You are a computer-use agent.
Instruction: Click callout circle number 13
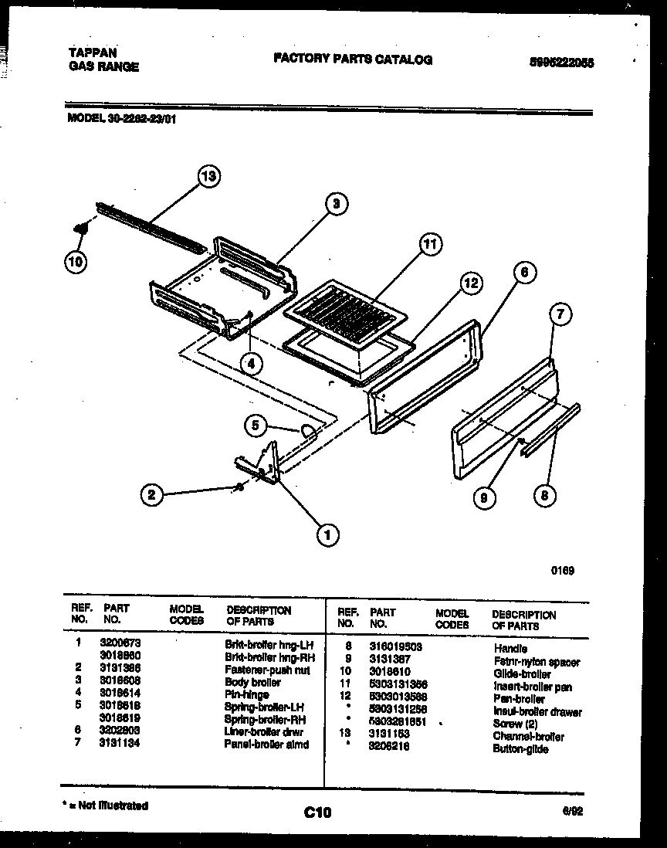click(207, 177)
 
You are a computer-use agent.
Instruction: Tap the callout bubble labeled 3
click(334, 204)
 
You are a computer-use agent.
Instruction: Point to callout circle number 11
click(430, 245)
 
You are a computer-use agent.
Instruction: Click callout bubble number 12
click(471, 284)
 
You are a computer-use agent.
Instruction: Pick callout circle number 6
click(523, 272)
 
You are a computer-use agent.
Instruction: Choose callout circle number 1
click(327, 533)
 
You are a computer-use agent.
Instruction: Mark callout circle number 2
click(153, 495)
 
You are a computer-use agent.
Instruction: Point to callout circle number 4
click(250, 362)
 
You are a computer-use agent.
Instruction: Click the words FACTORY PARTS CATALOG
click(353, 59)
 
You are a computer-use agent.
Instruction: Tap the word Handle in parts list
click(510, 649)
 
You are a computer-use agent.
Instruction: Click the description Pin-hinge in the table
click(246, 694)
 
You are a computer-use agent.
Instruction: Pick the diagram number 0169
click(561, 572)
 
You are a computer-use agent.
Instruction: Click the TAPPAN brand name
click(93, 53)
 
